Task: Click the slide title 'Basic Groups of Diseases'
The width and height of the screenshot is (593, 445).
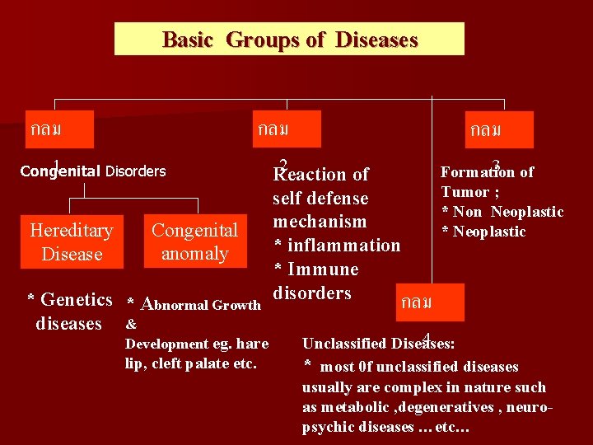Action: coord(289,40)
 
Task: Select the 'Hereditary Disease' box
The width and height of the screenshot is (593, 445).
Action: coord(71,241)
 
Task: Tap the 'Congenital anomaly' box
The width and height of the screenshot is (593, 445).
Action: coord(195,241)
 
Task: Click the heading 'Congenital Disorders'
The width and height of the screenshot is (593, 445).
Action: coord(93,171)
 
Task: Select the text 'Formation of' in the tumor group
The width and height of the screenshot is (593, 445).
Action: coord(488,172)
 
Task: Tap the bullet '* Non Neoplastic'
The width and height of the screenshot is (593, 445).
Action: coord(502,212)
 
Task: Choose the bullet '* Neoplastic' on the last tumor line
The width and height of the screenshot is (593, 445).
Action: coord(483,232)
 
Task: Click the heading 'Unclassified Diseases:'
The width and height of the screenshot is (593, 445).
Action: coord(380,343)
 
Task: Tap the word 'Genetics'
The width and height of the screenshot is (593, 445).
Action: coord(76,299)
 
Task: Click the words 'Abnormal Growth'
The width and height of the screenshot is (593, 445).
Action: coord(202,304)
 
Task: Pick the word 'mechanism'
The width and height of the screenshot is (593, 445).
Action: coord(320,222)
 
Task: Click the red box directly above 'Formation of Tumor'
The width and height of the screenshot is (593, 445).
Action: coord(498,129)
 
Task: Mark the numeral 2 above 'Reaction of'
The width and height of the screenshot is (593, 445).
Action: coord(283,163)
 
